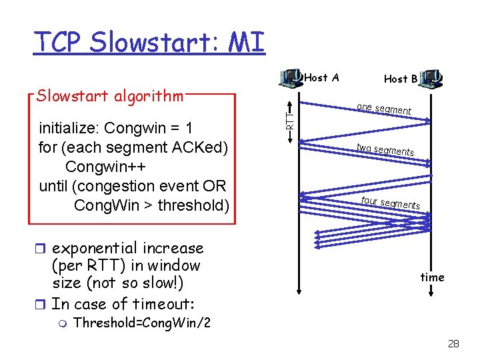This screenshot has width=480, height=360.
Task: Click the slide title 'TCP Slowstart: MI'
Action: tap(150, 41)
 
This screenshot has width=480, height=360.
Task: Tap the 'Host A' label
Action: tap(321, 78)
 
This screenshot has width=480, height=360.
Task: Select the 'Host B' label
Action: tap(401, 79)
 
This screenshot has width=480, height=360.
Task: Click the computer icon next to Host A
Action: tap(291, 78)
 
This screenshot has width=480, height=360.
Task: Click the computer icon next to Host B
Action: tap(433, 79)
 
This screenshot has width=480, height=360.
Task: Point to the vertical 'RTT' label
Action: tap(290, 120)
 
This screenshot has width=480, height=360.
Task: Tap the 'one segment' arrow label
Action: tap(384, 109)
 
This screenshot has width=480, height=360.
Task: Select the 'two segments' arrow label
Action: tap(385, 149)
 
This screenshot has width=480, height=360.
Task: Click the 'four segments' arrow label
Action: tap(390, 202)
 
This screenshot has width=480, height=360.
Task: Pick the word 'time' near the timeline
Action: tap(432, 277)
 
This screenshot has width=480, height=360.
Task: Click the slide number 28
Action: tap(453, 344)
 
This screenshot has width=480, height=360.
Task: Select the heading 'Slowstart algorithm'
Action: tap(110, 96)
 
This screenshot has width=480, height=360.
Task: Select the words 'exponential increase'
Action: tap(127, 248)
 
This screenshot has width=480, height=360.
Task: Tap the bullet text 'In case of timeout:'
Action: tap(123, 304)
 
